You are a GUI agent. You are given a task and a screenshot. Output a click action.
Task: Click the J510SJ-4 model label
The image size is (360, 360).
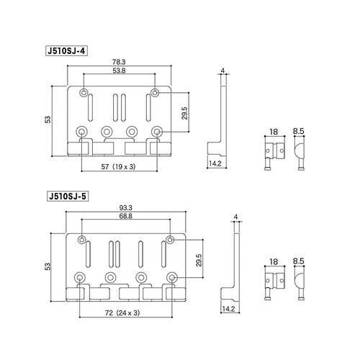point(66,51)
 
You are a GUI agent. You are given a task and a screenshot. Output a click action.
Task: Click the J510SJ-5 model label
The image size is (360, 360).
point(68,197)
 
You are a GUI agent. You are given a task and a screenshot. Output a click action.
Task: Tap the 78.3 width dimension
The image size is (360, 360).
point(119,62)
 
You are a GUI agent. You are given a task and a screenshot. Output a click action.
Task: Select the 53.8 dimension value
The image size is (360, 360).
point(119,71)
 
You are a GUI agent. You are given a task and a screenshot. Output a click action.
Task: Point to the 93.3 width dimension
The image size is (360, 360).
point(125,207)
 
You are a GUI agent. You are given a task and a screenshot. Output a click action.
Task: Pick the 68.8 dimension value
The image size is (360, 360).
point(125,216)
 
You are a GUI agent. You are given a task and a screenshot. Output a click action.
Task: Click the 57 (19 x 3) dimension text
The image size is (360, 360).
point(118,166)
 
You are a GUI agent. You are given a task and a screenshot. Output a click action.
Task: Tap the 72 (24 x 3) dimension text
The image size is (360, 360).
point(122,312)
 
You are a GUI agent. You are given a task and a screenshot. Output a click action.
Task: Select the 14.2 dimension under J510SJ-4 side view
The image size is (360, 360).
point(215,163)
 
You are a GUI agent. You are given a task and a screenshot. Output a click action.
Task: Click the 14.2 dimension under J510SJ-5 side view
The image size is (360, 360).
point(228,309)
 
